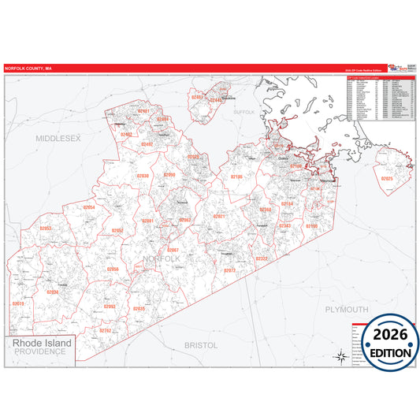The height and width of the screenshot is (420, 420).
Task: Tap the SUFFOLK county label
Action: tap(244, 113)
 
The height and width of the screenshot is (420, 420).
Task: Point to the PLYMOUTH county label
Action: tap(347, 309)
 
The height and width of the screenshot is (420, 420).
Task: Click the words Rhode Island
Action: tap(42, 344)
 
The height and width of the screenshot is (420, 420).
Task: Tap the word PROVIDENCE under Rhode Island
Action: tap(42, 354)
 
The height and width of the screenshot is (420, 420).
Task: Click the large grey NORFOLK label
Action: tap(162, 258)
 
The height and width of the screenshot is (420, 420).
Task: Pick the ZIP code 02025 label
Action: tap(387, 179)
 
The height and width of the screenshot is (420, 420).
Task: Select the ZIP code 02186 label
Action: tap(236, 177)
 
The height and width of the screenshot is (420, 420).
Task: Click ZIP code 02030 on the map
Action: tap(143, 176)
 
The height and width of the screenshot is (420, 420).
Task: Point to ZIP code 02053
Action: tap(45, 229)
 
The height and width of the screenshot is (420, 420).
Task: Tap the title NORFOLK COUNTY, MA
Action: tap(28, 69)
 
